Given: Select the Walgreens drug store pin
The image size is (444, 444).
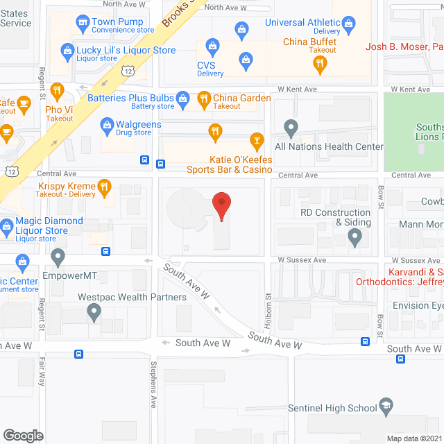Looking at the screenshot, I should tap(108, 125).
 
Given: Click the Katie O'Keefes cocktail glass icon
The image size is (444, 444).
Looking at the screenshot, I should tap(257, 141).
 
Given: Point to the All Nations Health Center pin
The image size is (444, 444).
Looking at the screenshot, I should tap(291, 128).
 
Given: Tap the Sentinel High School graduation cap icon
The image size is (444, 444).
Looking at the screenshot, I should tap(386, 407).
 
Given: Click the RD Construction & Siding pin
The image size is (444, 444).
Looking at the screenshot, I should tap(355, 239).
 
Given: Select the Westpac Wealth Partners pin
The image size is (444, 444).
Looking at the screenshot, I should tap(94, 314).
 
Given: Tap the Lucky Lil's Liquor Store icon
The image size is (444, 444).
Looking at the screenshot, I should tap(67, 50).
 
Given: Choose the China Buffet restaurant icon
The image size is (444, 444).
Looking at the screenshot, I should tap(319, 65).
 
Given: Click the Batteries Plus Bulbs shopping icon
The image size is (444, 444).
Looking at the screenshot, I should tap(182, 98).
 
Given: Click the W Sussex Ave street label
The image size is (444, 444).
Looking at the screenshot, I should tap(302, 260).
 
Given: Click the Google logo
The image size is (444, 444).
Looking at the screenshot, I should tap(23, 435).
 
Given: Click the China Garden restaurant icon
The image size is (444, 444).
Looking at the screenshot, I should tap(204, 99).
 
